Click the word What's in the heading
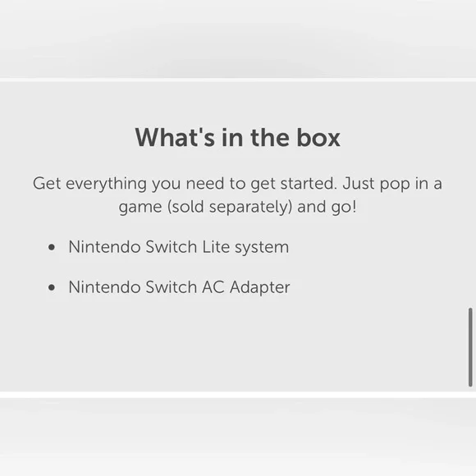(175, 138)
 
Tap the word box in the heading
(318, 138)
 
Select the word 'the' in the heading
(270, 138)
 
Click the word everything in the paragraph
(106, 185)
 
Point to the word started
(309, 183)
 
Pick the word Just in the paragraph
(359, 183)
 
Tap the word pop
(395, 185)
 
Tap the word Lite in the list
(216, 246)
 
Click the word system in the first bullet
(262, 248)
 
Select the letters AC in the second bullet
(213, 287)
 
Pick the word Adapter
(260, 288)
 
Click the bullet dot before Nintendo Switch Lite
(52, 247)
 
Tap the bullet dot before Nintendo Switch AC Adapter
(52, 287)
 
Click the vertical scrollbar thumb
(470, 347)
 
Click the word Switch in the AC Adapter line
(172, 287)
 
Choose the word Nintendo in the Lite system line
(105, 246)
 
